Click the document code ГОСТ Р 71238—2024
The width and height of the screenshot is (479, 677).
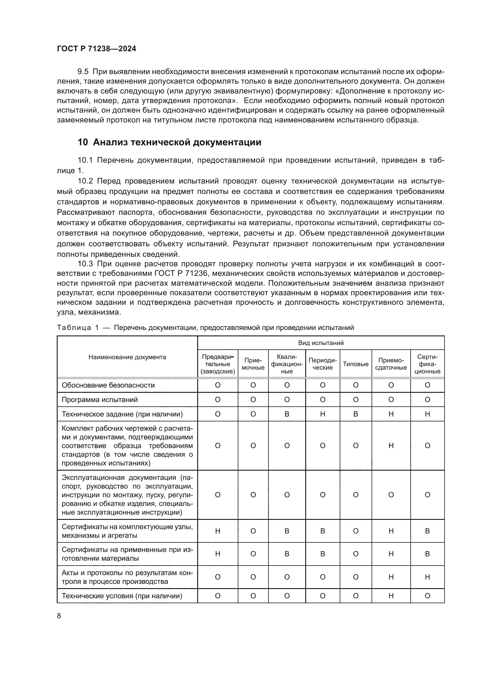(96, 49)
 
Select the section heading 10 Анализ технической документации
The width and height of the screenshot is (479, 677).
(169, 142)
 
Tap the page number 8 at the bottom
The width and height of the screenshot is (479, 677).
(59, 616)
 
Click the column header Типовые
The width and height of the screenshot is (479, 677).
(355, 364)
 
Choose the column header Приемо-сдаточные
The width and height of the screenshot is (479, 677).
(391, 364)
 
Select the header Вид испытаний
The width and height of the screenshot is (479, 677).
(321, 343)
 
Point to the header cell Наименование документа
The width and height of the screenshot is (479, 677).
(127, 357)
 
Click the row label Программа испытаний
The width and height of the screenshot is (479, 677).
(100, 400)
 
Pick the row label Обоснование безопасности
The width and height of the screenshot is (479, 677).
(108, 385)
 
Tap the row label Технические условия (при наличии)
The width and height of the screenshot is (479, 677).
(122, 596)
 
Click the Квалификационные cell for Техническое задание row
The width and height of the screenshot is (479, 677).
(287, 414)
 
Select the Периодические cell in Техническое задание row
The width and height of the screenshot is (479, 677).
(322, 414)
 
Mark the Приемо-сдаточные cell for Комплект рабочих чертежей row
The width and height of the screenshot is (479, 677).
(391, 445)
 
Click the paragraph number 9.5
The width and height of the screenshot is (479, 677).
(83, 72)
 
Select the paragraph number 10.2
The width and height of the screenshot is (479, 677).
(85, 181)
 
